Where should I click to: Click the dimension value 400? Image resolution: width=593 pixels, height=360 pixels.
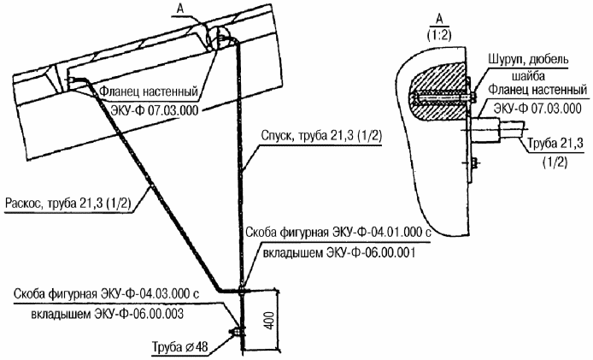point(268,321)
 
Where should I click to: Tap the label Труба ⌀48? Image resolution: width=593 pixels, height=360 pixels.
point(179,347)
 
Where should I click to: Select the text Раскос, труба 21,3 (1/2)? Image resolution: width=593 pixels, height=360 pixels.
point(68,204)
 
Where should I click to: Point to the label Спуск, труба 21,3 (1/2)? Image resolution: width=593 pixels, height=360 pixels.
point(321,136)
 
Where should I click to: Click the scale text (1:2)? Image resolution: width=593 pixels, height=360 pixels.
point(439,35)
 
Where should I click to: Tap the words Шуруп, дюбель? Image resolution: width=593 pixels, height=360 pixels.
point(528,60)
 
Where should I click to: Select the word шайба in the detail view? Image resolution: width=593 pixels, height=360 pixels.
point(528,76)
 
